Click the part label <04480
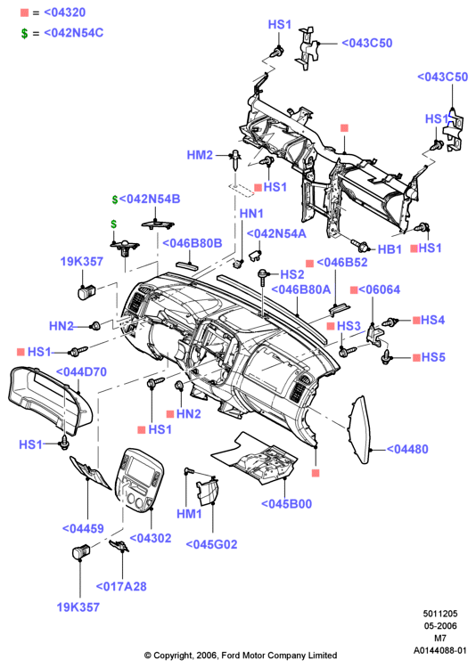(x=407, y=449)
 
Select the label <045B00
(x=287, y=503)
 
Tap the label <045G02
(x=211, y=544)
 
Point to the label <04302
(x=151, y=538)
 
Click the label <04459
(x=83, y=528)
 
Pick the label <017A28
(x=121, y=586)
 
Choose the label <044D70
(x=81, y=372)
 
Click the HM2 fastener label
(x=200, y=155)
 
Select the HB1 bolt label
(x=390, y=249)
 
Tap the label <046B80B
(x=193, y=243)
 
